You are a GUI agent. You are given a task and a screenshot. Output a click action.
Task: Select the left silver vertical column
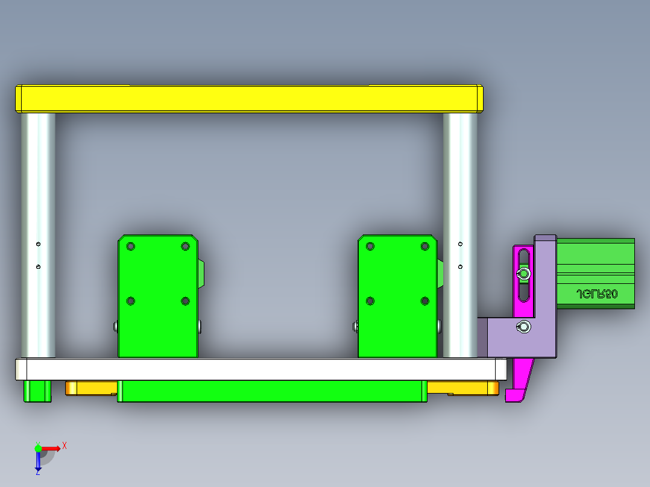click(x=38, y=235)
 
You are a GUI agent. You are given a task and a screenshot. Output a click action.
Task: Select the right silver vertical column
click(x=460, y=235)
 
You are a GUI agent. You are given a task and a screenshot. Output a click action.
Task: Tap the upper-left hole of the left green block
click(x=130, y=247)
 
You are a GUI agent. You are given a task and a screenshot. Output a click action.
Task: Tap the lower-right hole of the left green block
click(x=185, y=301)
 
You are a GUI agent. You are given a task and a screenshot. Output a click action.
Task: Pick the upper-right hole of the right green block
click(x=425, y=247)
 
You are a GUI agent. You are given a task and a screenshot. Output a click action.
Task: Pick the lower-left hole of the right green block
click(x=370, y=301)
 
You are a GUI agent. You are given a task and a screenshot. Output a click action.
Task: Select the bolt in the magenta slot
click(x=524, y=275)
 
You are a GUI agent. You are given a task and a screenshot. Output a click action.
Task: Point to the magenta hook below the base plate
click(x=519, y=383)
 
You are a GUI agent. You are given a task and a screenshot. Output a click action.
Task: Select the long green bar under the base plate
click(x=271, y=391)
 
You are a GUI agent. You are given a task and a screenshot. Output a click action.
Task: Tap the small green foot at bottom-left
click(x=37, y=391)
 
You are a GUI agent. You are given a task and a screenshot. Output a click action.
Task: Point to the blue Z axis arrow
click(x=38, y=461)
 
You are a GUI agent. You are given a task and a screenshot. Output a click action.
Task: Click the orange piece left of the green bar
click(x=90, y=388)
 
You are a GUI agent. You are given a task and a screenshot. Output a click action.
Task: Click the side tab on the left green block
click(x=201, y=274)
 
